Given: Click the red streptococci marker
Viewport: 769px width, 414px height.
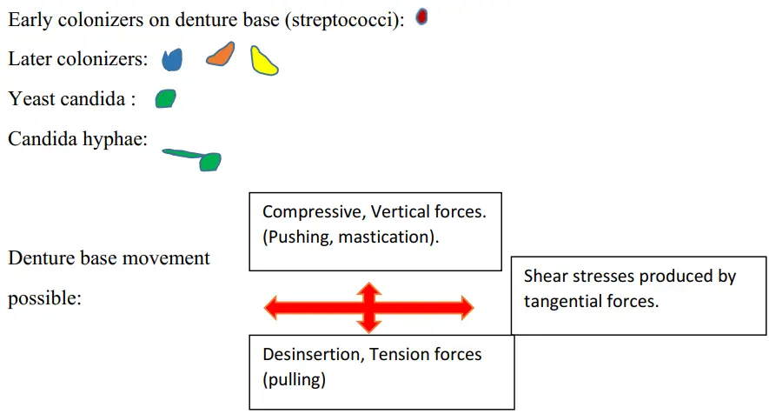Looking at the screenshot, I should coord(421,17).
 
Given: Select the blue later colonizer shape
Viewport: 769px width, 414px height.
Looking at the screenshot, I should coord(173,59).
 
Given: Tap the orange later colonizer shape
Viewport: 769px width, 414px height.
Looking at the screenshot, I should coord(221,55).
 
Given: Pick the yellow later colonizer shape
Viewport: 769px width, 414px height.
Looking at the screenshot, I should coord(263,61).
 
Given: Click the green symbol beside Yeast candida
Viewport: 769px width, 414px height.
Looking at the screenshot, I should coord(165,98).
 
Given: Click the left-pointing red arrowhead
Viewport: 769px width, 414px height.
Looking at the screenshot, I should coord(272,307).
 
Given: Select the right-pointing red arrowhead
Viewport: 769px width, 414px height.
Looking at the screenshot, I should coord(466,307).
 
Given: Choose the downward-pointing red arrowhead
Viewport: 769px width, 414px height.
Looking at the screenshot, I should coord(369,326).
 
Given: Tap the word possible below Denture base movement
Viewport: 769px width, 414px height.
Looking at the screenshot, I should coord(44,298).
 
